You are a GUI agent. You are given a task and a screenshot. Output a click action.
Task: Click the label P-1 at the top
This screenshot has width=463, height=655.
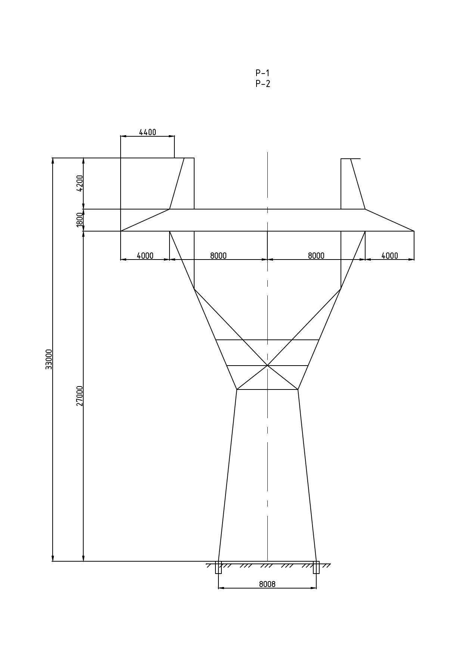[x=262, y=73]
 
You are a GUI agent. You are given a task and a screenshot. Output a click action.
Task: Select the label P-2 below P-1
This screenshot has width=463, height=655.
[x=263, y=84]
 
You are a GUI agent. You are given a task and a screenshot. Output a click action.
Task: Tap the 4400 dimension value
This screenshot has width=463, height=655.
[x=147, y=132]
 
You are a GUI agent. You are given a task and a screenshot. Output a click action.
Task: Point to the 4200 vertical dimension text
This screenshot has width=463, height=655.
[x=80, y=183]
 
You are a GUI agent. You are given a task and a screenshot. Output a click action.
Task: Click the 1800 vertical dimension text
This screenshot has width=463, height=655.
[x=79, y=220]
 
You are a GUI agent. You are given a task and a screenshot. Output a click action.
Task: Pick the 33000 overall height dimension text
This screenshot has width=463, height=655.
[x=49, y=359]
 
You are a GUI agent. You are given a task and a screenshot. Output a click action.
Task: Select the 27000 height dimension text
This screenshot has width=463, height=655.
[x=80, y=396]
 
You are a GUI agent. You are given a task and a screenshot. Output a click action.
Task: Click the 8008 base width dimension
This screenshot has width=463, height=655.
[x=267, y=584]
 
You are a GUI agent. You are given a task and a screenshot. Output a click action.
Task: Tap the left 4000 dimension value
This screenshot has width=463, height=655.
[x=145, y=256]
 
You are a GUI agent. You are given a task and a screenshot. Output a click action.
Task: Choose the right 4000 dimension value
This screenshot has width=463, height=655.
[x=390, y=256]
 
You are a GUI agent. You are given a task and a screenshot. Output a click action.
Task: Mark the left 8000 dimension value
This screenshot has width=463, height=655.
[x=218, y=256]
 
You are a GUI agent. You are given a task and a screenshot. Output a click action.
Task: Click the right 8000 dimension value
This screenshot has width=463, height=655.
[x=316, y=256]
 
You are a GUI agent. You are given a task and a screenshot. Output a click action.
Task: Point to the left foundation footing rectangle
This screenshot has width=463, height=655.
[x=218, y=567]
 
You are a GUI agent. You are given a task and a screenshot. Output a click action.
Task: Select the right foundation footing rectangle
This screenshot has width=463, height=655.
[x=316, y=567]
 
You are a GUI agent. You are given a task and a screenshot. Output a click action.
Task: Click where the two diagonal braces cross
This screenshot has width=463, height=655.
[x=267, y=365]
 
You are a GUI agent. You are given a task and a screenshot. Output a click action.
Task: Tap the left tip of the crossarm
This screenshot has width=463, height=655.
[x=121, y=231]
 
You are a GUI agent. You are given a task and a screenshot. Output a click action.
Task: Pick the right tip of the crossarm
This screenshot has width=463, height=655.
[x=414, y=231]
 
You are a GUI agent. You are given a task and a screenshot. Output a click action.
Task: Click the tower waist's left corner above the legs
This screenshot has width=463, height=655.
[x=237, y=389]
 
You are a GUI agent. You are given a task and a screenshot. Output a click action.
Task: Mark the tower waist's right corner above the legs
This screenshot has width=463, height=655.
[x=298, y=389]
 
